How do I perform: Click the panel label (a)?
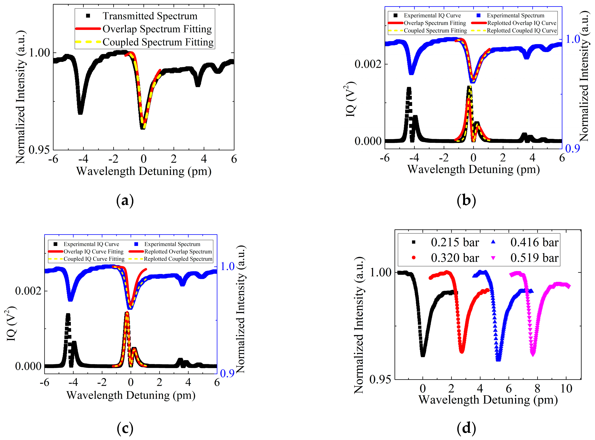(125, 201)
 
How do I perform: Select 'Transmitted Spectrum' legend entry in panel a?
(150, 16)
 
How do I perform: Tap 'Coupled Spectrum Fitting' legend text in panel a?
(158, 42)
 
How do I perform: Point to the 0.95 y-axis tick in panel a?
(39, 150)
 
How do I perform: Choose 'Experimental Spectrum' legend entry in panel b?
(515, 16)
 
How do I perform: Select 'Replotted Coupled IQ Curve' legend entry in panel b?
(522, 31)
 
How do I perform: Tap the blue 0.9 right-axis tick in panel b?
(572, 149)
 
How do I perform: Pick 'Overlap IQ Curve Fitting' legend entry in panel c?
(93, 252)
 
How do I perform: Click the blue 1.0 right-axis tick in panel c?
(227, 266)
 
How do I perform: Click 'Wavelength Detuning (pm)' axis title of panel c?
(131, 395)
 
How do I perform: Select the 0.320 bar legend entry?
(454, 258)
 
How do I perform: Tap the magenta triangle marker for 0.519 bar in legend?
(493, 258)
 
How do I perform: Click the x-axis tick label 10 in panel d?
(566, 389)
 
